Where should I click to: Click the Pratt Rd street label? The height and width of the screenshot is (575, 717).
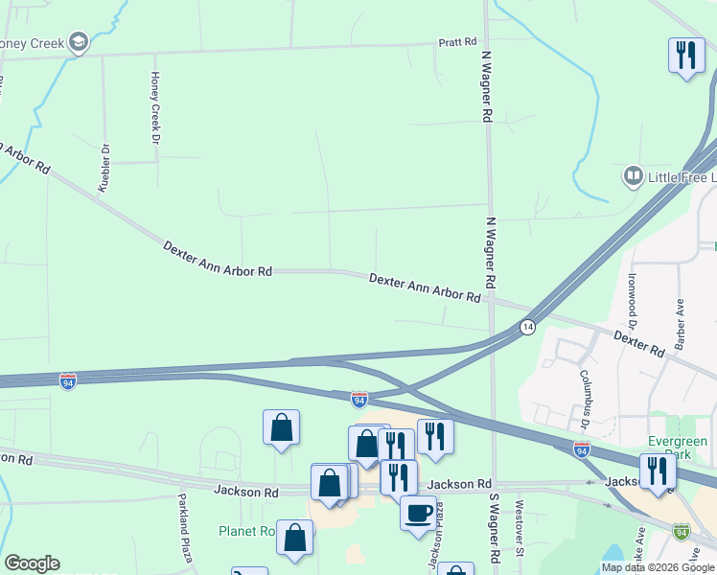pos(457,42)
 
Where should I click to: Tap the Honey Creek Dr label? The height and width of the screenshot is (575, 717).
pos(154,106)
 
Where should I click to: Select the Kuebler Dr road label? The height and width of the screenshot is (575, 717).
pos(105,168)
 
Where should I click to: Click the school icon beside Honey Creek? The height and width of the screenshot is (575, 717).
pos(79,42)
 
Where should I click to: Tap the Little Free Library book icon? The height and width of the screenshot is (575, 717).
pos(633,175)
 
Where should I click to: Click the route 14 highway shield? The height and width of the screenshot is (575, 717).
pos(527,328)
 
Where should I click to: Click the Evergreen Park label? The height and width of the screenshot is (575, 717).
pos(677,448)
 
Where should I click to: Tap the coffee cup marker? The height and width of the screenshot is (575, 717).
pos(418,511)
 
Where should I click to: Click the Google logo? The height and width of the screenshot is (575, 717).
pos(32,563)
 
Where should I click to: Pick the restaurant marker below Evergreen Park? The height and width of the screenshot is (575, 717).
pos(658,471)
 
